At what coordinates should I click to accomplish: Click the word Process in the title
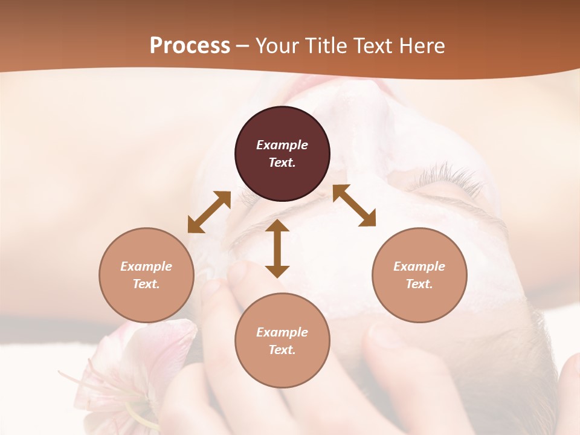point(190,46)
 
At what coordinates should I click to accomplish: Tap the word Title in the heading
point(325,46)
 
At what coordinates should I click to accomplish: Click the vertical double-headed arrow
point(277,248)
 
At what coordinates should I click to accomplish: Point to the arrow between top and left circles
point(209,211)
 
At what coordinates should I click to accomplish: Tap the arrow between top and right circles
point(355,205)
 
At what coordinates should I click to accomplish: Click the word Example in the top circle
point(282,145)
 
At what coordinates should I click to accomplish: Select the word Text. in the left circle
point(146,284)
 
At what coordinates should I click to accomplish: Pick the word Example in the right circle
point(419,266)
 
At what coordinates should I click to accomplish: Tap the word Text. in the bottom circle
point(282,350)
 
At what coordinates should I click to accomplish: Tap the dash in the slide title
point(242,46)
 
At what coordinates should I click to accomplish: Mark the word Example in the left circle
point(146,266)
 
